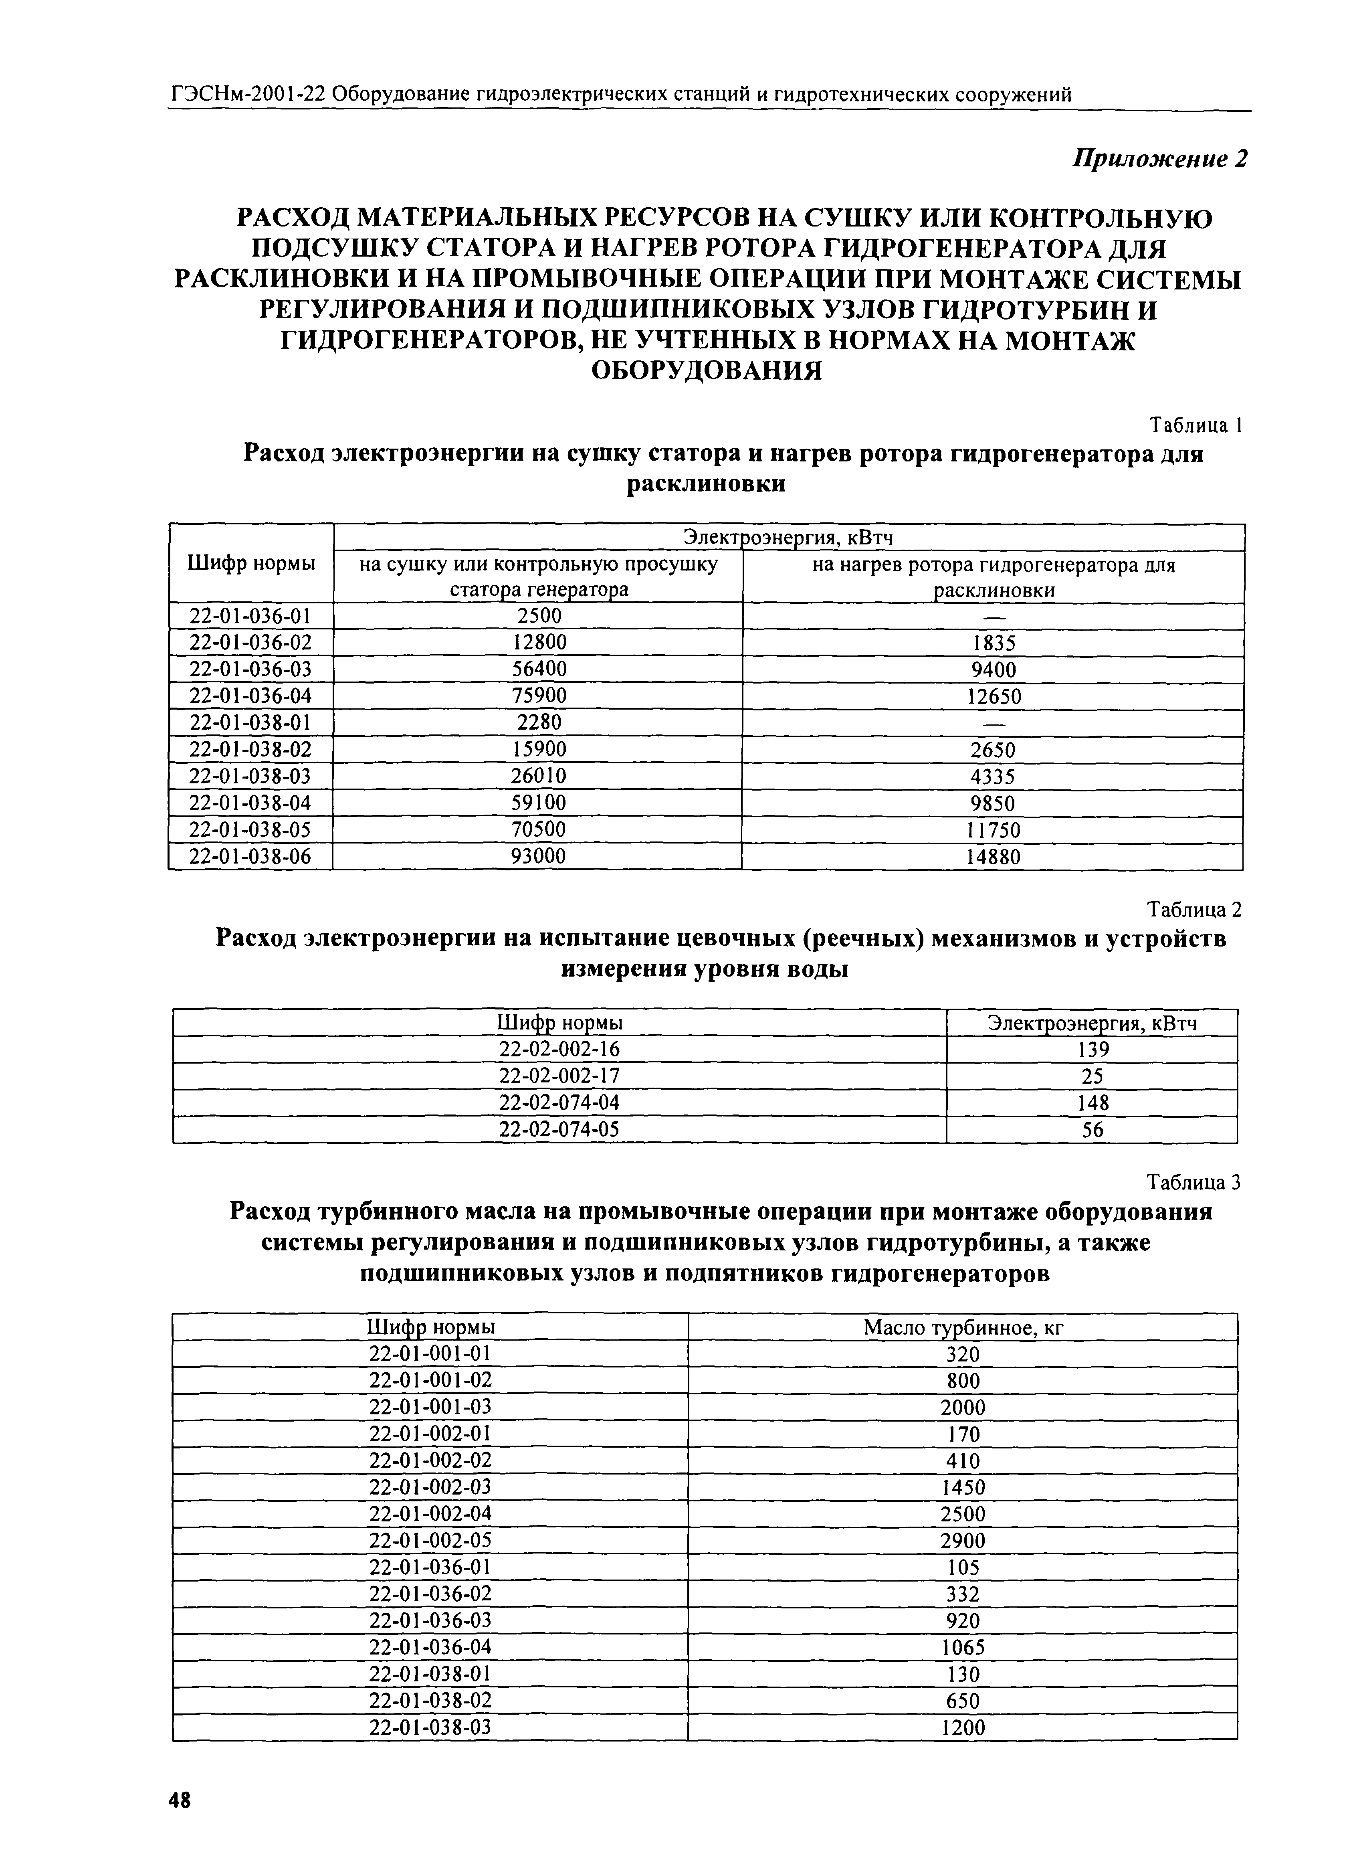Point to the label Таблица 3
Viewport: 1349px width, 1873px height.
point(1195,1183)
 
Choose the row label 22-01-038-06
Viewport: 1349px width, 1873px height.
point(250,856)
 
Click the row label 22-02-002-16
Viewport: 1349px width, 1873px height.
point(559,1049)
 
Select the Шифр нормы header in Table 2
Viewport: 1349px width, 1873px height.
point(559,1022)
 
